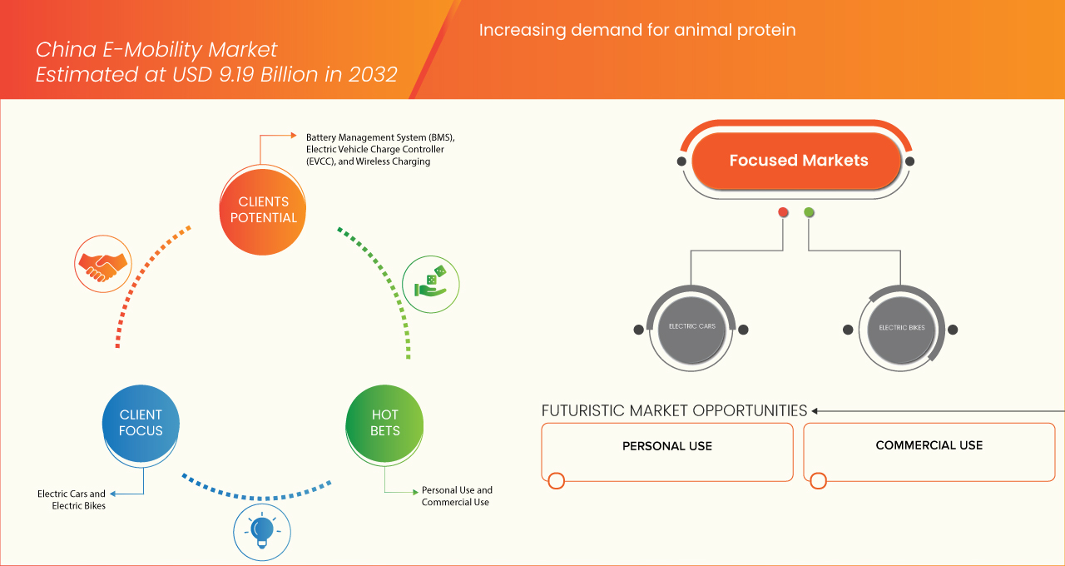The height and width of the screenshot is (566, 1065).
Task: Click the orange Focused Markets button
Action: pyautogui.click(x=798, y=161)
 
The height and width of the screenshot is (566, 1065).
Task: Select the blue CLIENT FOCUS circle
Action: pyautogui.click(x=141, y=423)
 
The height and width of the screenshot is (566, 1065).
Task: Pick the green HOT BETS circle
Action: pyautogui.click(x=384, y=423)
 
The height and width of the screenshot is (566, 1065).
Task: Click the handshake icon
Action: pyautogui.click(x=102, y=264)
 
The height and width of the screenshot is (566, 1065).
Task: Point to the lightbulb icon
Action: pyautogui.click(x=262, y=531)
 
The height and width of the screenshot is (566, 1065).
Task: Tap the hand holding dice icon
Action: pyautogui.click(x=431, y=284)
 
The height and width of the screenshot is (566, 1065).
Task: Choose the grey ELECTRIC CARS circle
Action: pyautogui.click(x=691, y=327)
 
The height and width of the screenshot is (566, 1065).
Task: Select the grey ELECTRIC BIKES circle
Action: pyautogui.click(x=901, y=328)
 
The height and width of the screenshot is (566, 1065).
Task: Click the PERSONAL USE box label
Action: pyautogui.click(x=667, y=446)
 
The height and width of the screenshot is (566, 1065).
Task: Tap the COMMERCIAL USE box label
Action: pyautogui.click(x=929, y=445)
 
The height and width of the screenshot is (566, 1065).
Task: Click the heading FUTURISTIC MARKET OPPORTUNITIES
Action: pyautogui.click(x=674, y=410)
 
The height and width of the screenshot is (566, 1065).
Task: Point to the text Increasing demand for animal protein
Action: pyautogui.click(x=637, y=31)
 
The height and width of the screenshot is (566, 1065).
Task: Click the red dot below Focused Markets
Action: pyautogui.click(x=783, y=212)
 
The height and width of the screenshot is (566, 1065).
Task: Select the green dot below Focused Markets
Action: pyautogui.click(x=809, y=212)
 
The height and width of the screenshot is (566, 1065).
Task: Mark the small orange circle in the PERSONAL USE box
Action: pyautogui.click(x=557, y=480)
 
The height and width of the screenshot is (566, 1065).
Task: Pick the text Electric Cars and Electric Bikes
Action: pyautogui.click(x=72, y=499)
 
